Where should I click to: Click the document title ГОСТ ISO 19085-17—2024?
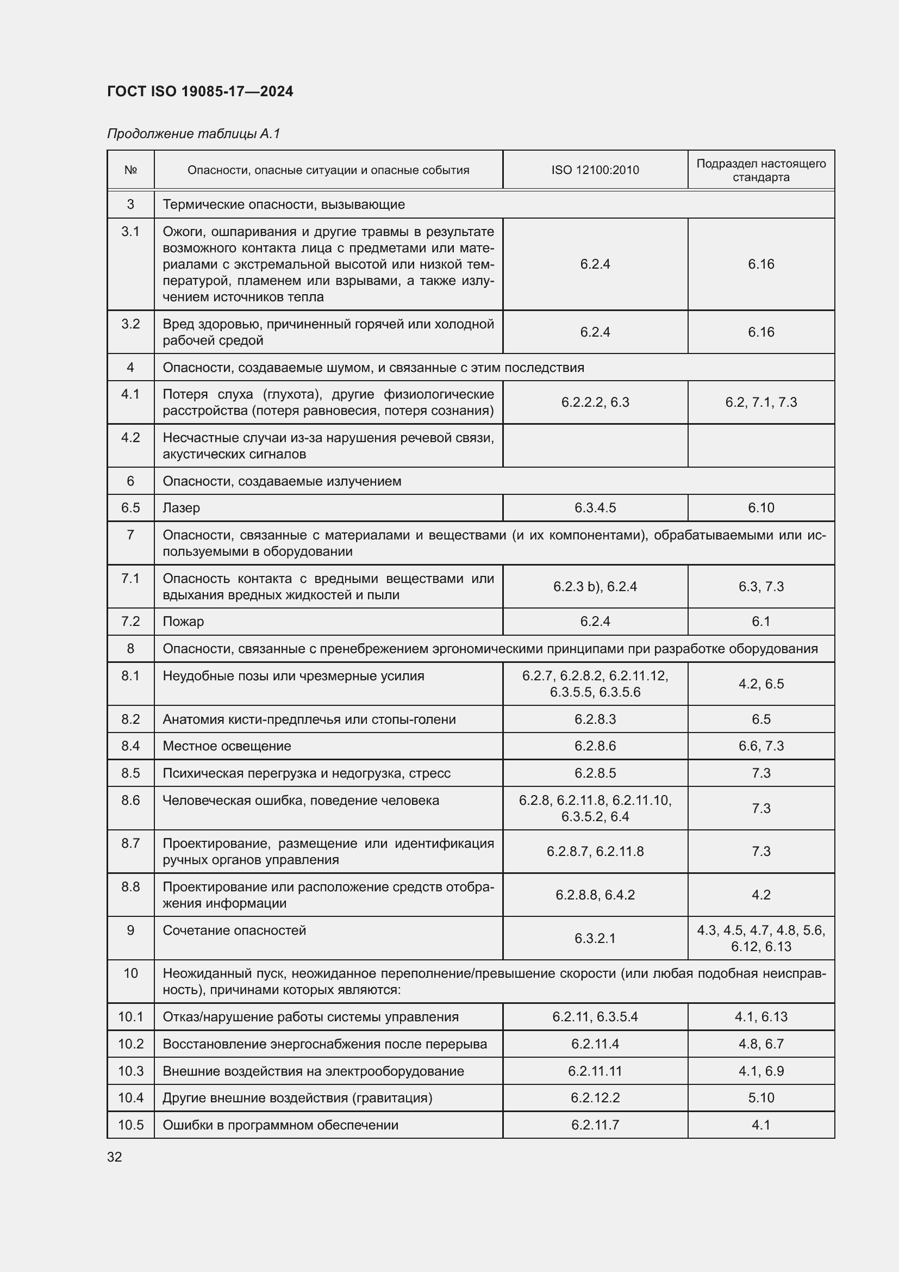pos(200,91)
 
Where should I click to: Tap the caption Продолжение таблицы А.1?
pos(193,134)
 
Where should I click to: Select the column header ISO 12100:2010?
pos(595,170)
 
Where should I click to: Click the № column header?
pos(130,170)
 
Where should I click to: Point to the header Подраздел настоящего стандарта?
pos(760,170)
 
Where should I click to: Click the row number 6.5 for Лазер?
pos(130,507)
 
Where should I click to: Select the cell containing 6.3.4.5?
pos(595,507)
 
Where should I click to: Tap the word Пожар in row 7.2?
pos(183,621)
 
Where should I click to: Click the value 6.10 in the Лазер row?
pos(760,507)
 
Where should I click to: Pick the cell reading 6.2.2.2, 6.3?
pos(595,402)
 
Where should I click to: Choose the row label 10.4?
pos(130,1097)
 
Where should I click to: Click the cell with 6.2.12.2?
pos(595,1097)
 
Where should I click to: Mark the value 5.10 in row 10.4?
pos(760,1097)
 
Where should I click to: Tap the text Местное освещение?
pos(227,746)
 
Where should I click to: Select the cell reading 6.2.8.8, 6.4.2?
pos(595,895)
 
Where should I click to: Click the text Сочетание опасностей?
pos(234,930)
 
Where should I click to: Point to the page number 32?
pos(115,1157)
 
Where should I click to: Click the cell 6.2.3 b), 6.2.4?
pos(595,586)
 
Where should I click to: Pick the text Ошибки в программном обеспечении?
pos(280,1125)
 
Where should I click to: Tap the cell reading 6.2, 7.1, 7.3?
pos(760,402)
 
